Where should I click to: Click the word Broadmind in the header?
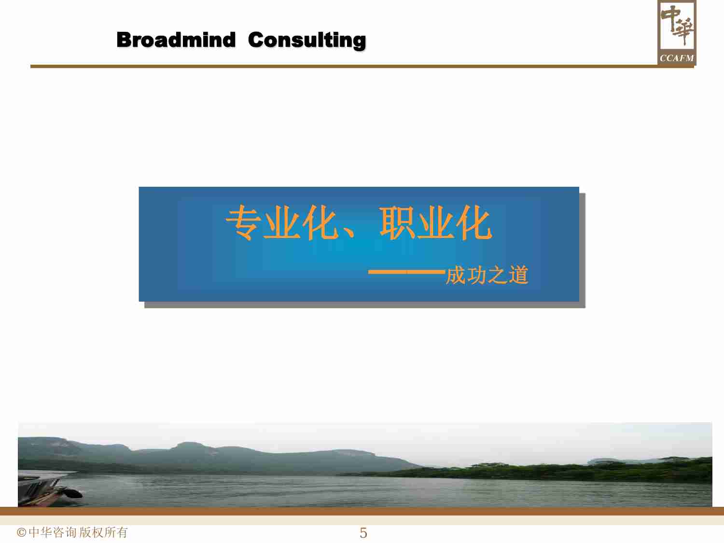tap(176, 40)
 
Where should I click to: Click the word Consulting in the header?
tap(307, 41)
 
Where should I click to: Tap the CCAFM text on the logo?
tap(677, 58)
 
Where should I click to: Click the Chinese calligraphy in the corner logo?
tap(677, 25)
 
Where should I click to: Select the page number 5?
tap(363, 533)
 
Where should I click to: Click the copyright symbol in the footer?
tap(21, 532)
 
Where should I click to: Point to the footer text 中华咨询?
tap(53, 532)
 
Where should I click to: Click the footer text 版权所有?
tap(104, 532)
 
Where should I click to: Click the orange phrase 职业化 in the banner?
tap(435, 223)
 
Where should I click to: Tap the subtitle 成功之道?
tap(487, 275)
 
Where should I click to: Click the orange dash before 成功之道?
tap(406, 273)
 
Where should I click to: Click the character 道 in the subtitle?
tap(518, 275)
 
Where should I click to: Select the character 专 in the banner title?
tap(244, 223)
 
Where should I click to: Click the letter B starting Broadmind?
tap(125, 40)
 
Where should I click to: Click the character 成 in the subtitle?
tap(455, 275)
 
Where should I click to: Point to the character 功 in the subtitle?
tap(476, 275)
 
